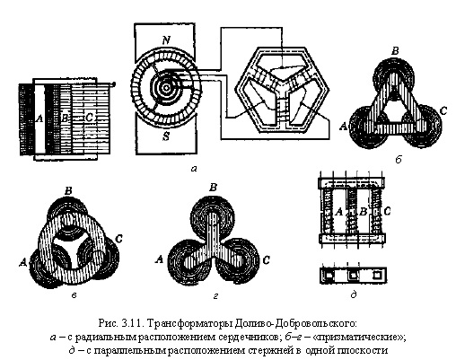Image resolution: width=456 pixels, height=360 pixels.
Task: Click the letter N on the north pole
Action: click(x=167, y=40)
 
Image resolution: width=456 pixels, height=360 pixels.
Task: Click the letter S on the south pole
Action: click(x=166, y=136)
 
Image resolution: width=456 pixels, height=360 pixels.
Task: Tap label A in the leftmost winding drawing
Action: click(x=39, y=119)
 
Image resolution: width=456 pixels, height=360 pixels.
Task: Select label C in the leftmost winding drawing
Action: click(x=89, y=118)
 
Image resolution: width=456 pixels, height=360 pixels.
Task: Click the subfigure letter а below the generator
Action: click(x=194, y=169)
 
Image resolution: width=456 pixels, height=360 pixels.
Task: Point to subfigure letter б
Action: click(x=399, y=160)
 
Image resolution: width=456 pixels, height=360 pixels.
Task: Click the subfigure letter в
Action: click(x=74, y=295)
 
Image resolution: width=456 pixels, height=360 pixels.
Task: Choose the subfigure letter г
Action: click(x=216, y=295)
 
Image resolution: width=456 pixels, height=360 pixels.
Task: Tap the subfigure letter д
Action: click(x=354, y=294)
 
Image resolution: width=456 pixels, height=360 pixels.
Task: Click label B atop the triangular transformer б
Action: click(x=395, y=51)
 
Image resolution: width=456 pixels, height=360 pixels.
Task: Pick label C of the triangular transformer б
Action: click(x=443, y=111)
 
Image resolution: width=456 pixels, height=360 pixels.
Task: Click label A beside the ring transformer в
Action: click(x=22, y=262)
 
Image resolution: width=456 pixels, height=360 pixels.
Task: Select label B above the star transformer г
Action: click(x=213, y=188)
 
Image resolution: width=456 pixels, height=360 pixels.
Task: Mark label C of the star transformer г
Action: click(x=266, y=260)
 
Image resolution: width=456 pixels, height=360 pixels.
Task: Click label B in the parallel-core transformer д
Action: click(x=363, y=212)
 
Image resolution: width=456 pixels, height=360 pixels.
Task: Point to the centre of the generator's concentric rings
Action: click(x=166, y=87)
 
